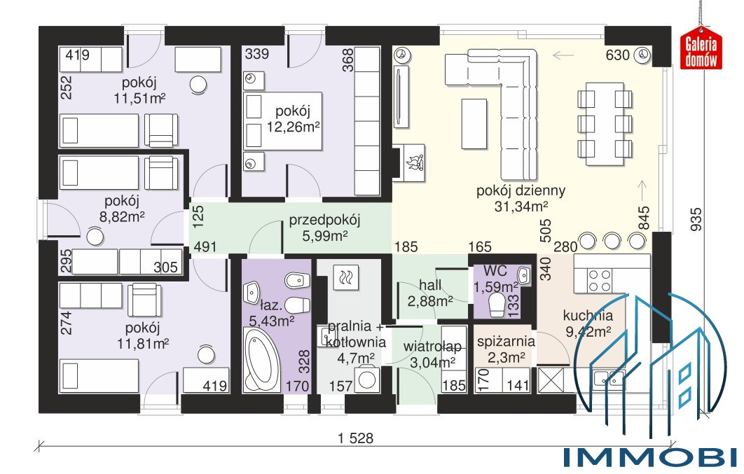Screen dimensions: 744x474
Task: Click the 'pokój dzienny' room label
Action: pyautogui.click(x=521, y=191)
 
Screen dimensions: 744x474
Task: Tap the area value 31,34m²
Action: pyautogui.click(x=521, y=207)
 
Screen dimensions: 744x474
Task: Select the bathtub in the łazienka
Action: pyautogui.click(x=261, y=360)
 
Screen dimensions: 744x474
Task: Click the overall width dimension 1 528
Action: pyautogui.click(x=355, y=438)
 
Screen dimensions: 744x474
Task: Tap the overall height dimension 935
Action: pyautogui.click(x=695, y=219)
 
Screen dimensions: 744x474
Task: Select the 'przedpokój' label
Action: pyautogui.click(x=324, y=220)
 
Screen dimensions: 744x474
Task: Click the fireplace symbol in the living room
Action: pyautogui.click(x=413, y=162)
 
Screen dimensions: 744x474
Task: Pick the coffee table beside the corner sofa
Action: pyautogui.click(x=474, y=123)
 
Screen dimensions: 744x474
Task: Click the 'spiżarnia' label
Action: pyautogui.click(x=506, y=342)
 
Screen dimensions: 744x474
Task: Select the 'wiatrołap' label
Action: pyautogui.click(x=432, y=347)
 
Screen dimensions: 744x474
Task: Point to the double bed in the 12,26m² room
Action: pyautogui.click(x=283, y=121)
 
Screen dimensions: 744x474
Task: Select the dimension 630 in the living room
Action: pyautogui.click(x=617, y=55)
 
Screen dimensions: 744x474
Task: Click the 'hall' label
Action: pyautogui.click(x=430, y=285)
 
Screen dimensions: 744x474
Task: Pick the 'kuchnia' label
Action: pyautogui.click(x=588, y=315)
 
